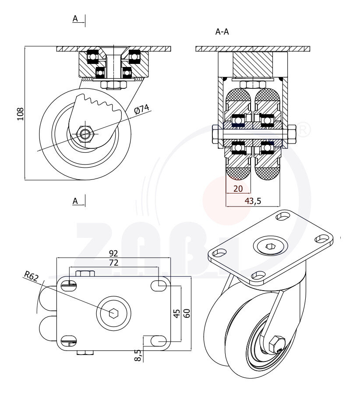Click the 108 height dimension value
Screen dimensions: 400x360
(20, 113)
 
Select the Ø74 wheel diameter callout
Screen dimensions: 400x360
(141, 109)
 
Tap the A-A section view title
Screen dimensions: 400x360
(222, 32)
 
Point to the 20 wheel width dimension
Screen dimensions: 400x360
(238, 189)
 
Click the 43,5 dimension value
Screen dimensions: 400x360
(253, 201)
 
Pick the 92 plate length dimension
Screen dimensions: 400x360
(113, 253)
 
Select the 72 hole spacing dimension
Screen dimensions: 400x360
(113, 263)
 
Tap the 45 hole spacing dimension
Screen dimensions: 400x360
(176, 313)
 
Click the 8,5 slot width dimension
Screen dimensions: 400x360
(138, 355)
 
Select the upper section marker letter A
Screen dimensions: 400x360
(75, 18)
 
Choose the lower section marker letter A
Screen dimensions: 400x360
(75, 201)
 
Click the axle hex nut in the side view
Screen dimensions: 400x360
(85, 133)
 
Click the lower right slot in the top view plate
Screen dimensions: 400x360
(159, 340)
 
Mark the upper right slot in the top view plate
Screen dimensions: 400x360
(159, 285)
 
